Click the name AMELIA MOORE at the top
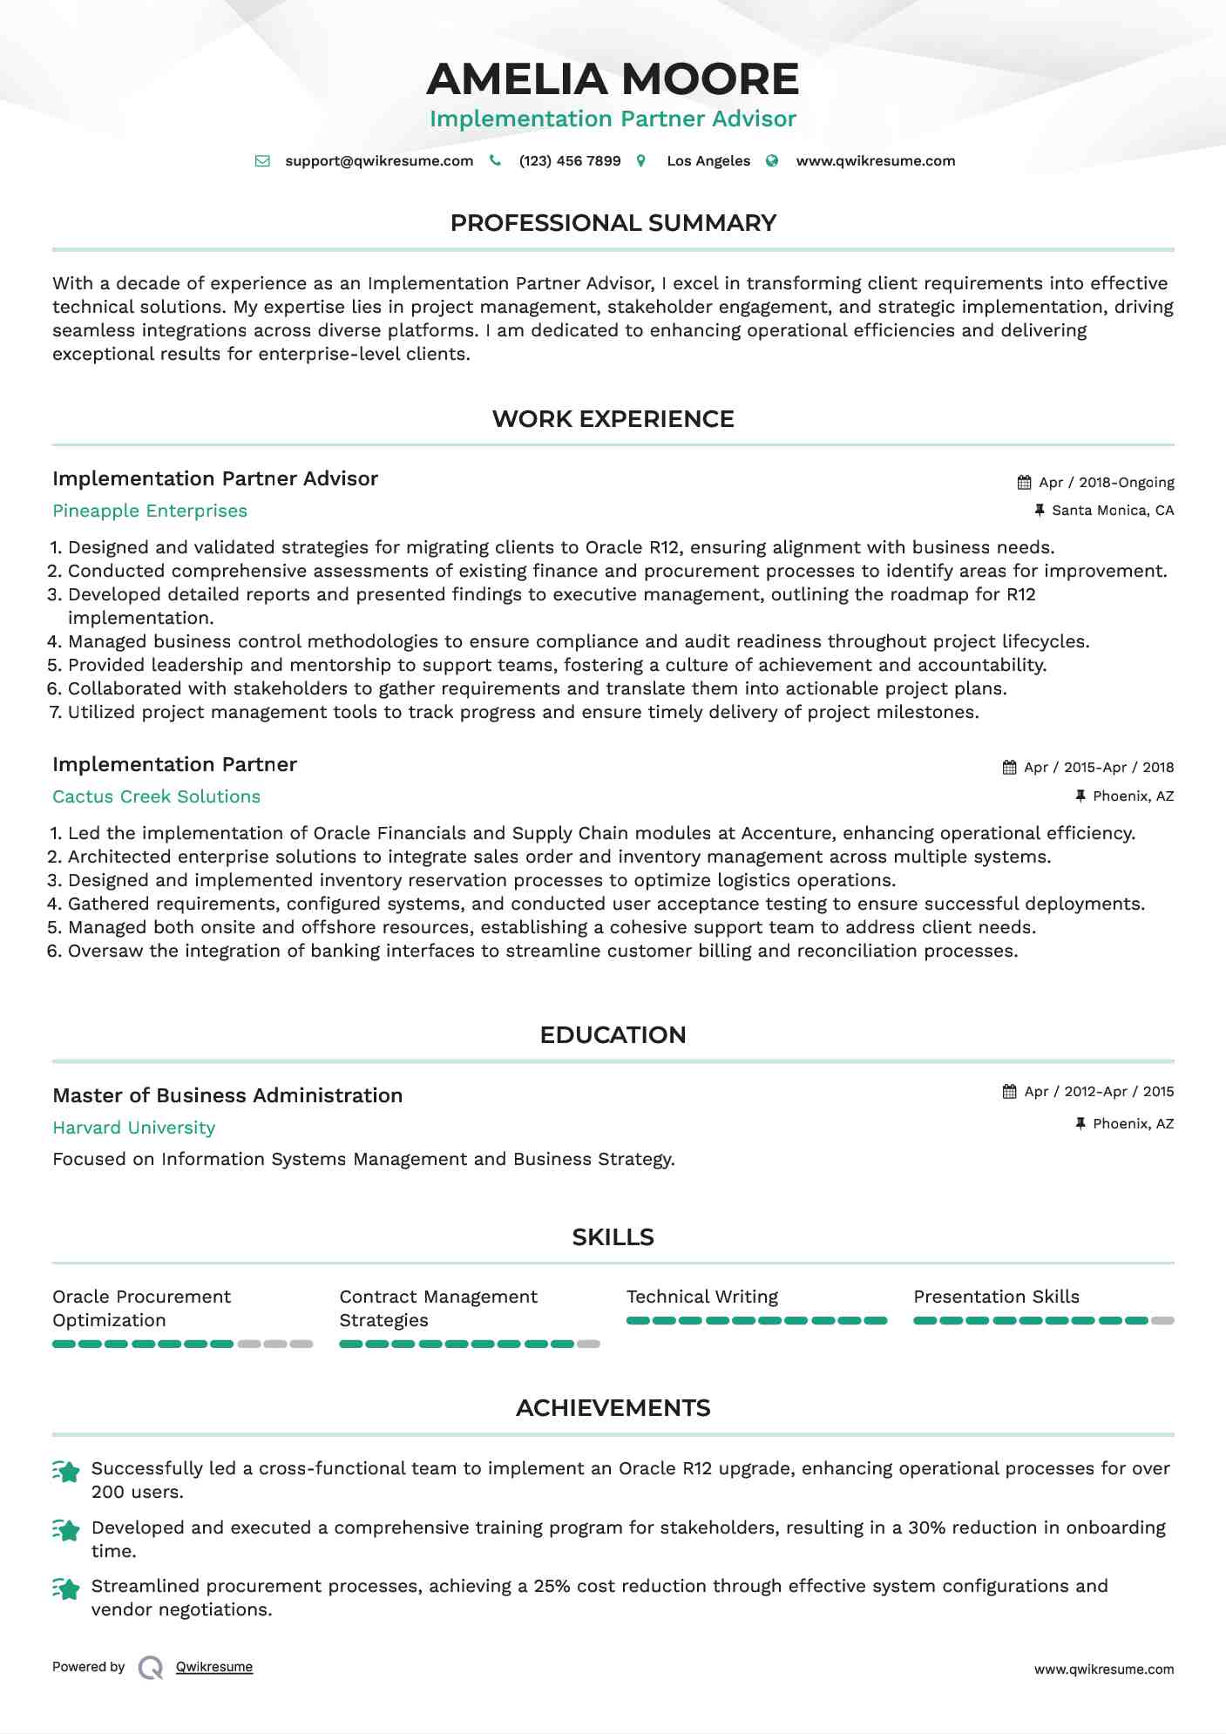pyautogui.click(x=613, y=79)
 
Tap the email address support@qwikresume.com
pyautogui.click(x=379, y=161)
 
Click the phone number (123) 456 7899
pyautogui.click(x=570, y=161)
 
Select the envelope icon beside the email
pyautogui.click(x=262, y=161)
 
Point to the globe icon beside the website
pyautogui.click(x=772, y=161)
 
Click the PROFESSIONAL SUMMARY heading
pyautogui.click(x=613, y=223)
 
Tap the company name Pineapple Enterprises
pyautogui.click(x=150, y=511)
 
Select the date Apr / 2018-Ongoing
pyautogui.click(x=1107, y=483)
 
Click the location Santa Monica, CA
pyautogui.click(x=1113, y=511)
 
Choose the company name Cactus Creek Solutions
pyautogui.click(x=156, y=797)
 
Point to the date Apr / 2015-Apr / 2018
pyautogui.click(x=1099, y=768)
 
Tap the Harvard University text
pyautogui.click(x=133, y=1128)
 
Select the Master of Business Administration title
pyautogui.click(x=227, y=1096)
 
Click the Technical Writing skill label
pyautogui.click(x=702, y=1297)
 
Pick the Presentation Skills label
pyautogui.click(x=996, y=1297)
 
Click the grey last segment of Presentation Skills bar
pyautogui.click(x=1162, y=1321)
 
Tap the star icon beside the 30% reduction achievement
pyautogui.click(x=66, y=1530)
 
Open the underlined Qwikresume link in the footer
pyautogui.click(x=214, y=1667)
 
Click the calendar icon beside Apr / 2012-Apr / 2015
pyautogui.click(x=1010, y=1092)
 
